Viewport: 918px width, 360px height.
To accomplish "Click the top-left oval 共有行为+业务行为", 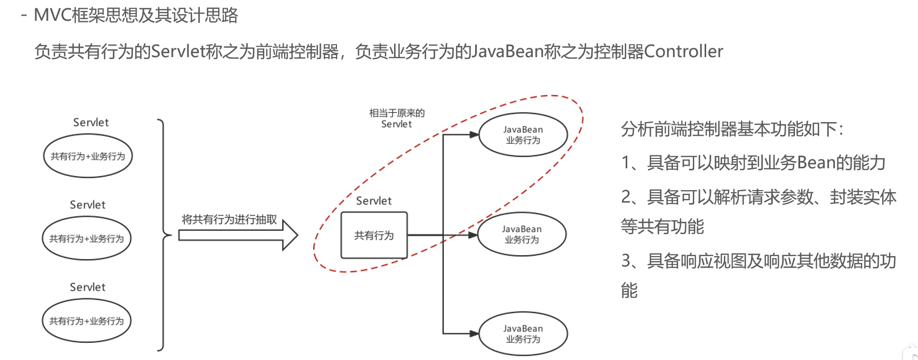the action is (88, 156).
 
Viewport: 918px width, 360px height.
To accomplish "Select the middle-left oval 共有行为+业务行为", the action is (86, 238).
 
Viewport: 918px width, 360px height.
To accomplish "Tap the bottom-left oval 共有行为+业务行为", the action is (86, 321).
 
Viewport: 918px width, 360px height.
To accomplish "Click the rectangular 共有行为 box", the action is (374, 235).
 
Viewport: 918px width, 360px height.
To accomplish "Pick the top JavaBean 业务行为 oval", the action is (523, 135).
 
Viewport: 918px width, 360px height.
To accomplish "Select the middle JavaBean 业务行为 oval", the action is (522, 234).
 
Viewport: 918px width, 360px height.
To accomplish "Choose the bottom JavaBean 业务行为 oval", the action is (523, 334).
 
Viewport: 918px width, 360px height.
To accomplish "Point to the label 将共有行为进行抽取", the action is (229, 219).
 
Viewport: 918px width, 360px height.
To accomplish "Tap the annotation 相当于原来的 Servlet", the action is (397, 118).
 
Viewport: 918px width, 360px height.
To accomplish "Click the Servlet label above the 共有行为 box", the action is (374, 201).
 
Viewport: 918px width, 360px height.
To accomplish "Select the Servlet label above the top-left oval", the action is (91, 123).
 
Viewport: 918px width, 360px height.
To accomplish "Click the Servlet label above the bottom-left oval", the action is (88, 287).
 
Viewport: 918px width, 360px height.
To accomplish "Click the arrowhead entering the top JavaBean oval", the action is (474, 135).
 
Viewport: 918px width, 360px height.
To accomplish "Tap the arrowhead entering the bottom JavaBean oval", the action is (474, 334).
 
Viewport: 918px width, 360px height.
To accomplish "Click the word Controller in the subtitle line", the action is (683, 51).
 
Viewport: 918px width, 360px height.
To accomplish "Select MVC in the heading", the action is (52, 15).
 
